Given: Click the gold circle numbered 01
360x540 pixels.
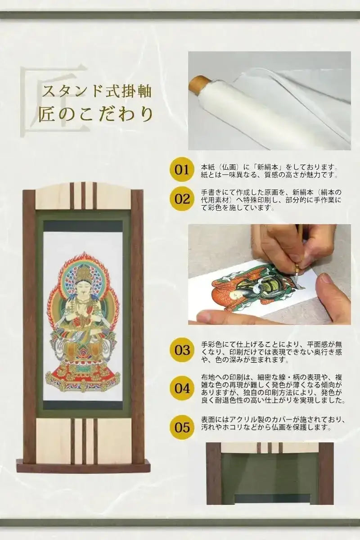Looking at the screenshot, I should pos(182,170).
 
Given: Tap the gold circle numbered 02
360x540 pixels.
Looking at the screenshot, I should pos(182,198).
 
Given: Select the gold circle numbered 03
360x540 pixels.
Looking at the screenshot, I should pos(182,350).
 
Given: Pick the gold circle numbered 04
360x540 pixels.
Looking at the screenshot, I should pos(182,388).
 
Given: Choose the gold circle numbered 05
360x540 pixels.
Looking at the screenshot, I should pos(182,427).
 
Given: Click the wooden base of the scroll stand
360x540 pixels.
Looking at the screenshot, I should pos(83,467).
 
